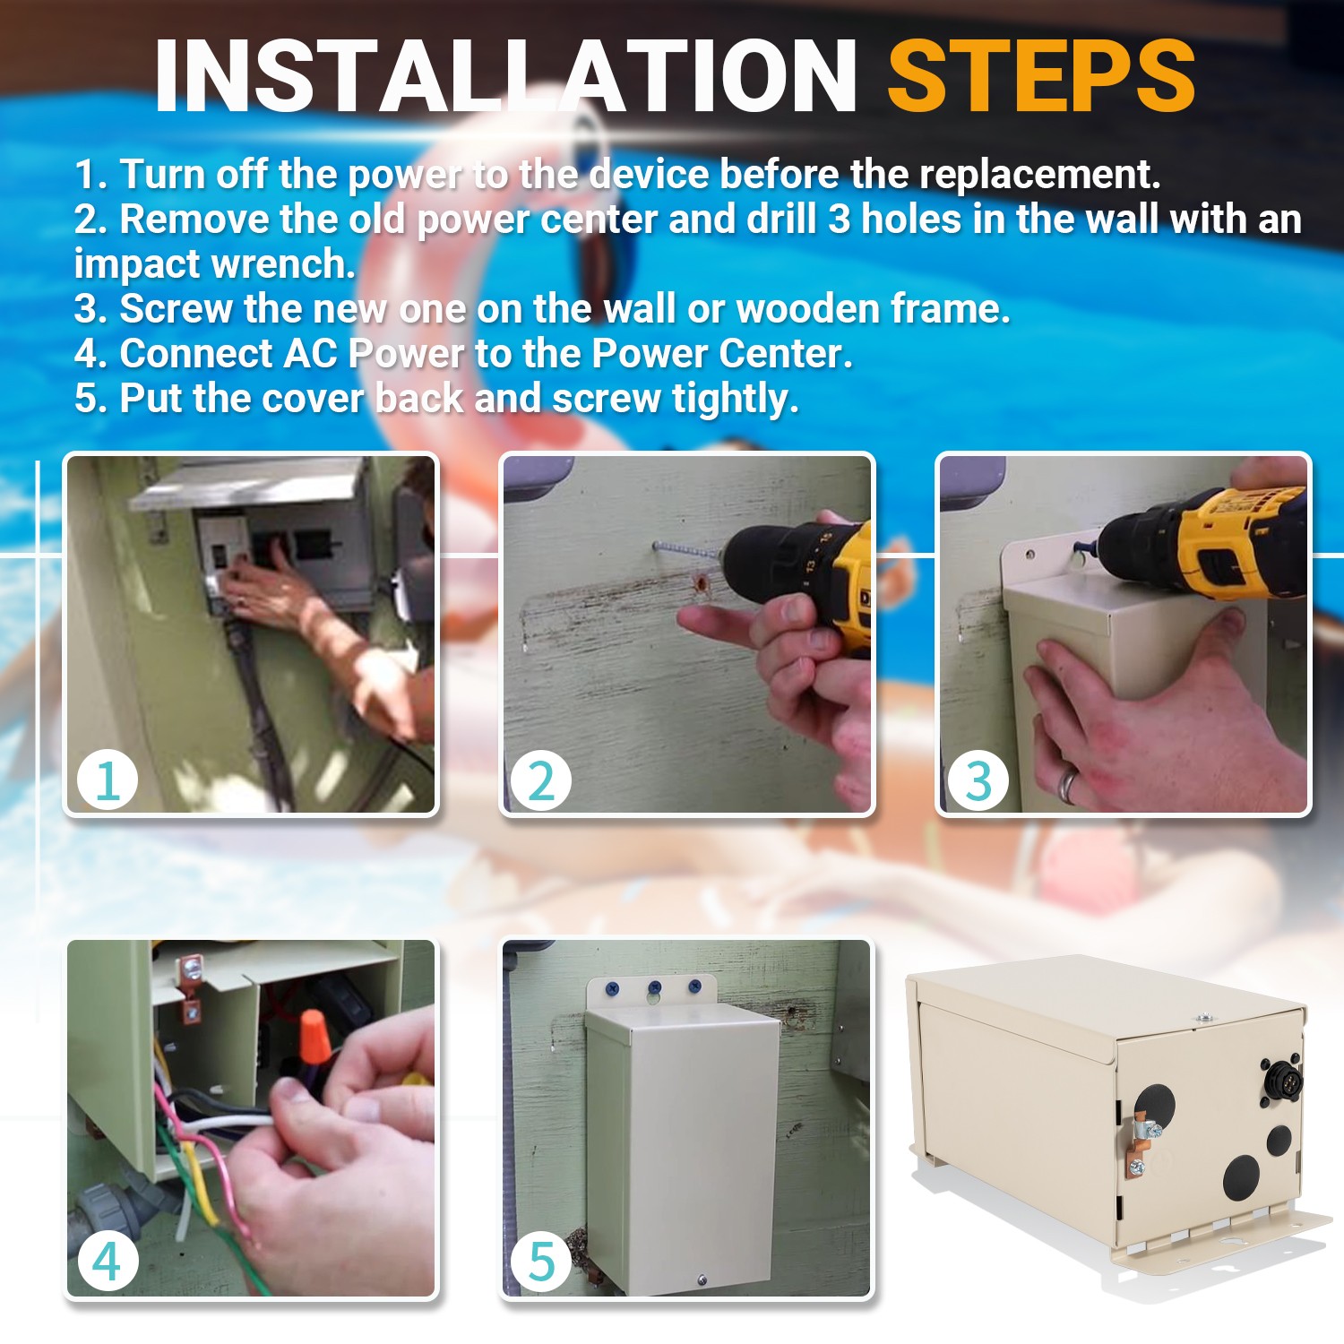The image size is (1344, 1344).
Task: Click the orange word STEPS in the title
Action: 1041,76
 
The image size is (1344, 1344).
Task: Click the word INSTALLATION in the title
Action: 506,76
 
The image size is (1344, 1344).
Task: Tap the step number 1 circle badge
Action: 108,780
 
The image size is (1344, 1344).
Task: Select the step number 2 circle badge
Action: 541,780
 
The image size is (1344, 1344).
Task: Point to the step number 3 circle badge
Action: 978,780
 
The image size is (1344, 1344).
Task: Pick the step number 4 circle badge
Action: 108,1262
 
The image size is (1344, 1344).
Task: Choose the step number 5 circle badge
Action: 541,1262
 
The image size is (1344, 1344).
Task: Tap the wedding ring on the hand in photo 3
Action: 1067,785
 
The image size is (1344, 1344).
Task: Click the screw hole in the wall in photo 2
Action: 701,586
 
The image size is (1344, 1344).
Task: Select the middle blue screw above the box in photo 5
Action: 655,988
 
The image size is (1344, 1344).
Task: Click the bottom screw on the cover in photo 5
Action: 702,1280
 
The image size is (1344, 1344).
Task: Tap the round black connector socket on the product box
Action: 1281,1081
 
